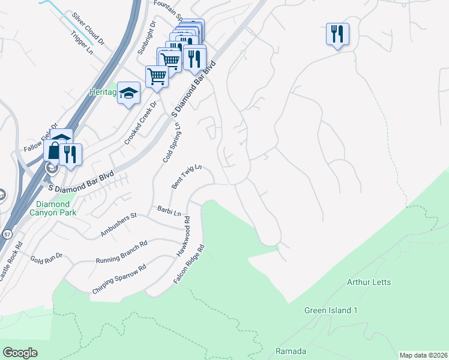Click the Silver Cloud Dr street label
(x=88, y=29)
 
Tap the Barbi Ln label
(x=169, y=212)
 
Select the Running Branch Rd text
(x=121, y=253)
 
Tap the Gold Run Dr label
(x=46, y=260)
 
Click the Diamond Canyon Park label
(x=60, y=208)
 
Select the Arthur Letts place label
(x=369, y=282)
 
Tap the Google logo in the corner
(x=20, y=352)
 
